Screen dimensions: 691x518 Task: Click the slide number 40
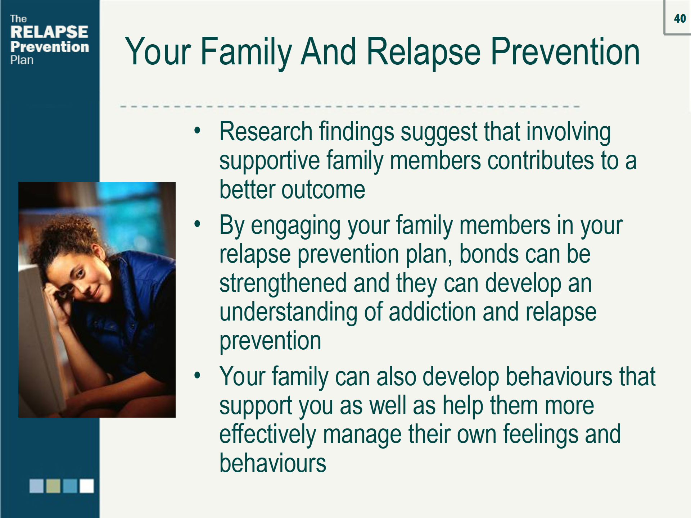click(x=680, y=18)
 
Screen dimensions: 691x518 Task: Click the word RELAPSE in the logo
click(x=49, y=32)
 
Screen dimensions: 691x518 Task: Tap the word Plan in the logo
click(x=22, y=60)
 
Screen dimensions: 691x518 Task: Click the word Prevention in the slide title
click(x=565, y=52)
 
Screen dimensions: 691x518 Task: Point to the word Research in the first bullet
click(x=266, y=132)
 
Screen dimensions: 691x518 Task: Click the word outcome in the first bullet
click(x=323, y=190)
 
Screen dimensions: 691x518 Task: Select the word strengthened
click(x=283, y=283)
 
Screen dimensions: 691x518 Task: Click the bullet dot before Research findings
click(x=197, y=131)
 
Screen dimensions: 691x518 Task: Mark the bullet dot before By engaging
click(x=197, y=224)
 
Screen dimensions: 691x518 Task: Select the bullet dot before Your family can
click(x=197, y=375)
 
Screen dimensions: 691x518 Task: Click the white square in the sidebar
click(x=87, y=486)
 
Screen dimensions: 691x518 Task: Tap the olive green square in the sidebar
click(x=53, y=486)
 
